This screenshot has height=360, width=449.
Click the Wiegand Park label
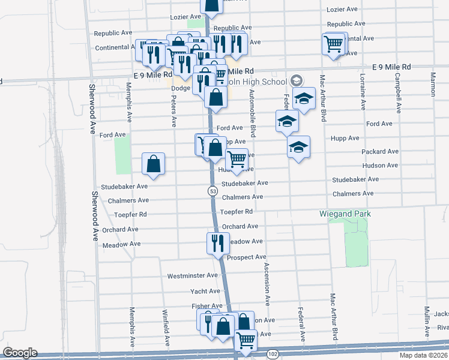coord(345,214)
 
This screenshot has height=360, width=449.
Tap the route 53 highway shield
coord(213,191)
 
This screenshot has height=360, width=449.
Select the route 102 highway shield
coord(273,354)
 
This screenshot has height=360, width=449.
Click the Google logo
coord(20,353)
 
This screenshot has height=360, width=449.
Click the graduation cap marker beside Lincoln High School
coord(304,99)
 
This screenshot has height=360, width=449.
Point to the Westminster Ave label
coord(192,275)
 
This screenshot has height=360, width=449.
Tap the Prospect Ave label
coord(247,257)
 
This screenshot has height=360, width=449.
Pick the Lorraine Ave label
coord(363,92)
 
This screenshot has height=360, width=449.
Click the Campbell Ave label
coord(397,93)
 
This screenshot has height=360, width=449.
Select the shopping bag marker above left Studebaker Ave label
coord(154,164)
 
